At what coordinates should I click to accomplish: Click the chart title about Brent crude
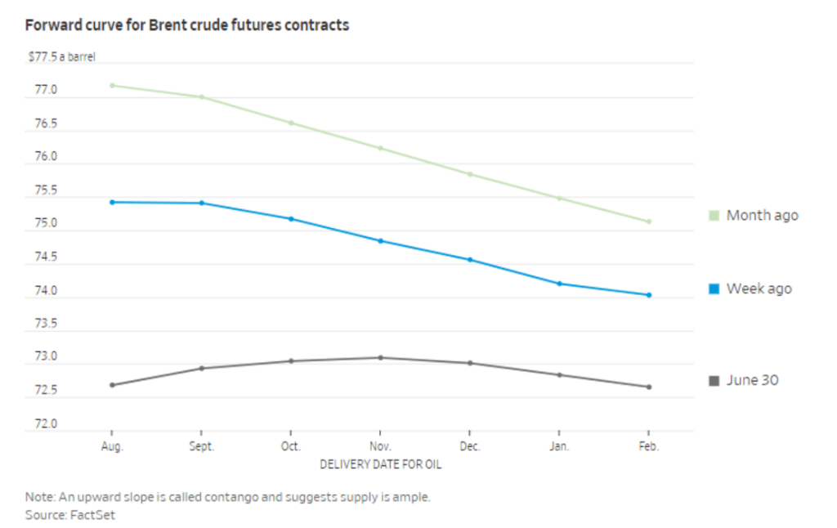click(187, 25)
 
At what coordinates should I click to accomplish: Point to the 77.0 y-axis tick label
click(46, 90)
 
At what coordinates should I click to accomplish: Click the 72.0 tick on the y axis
click(46, 424)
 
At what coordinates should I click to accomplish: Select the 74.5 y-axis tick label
click(46, 257)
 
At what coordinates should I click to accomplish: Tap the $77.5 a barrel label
click(62, 57)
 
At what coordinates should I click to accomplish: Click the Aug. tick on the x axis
click(111, 447)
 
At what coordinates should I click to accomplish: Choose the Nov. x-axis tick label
click(380, 447)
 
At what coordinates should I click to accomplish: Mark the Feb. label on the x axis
click(649, 447)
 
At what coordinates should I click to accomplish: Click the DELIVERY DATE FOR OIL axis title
click(380, 465)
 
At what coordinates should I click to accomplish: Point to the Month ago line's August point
click(111, 85)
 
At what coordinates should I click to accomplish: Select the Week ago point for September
click(201, 203)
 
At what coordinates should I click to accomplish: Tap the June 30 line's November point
click(380, 357)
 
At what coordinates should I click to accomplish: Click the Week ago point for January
click(559, 284)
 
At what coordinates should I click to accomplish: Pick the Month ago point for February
click(649, 221)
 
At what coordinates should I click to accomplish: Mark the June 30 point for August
click(111, 385)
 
